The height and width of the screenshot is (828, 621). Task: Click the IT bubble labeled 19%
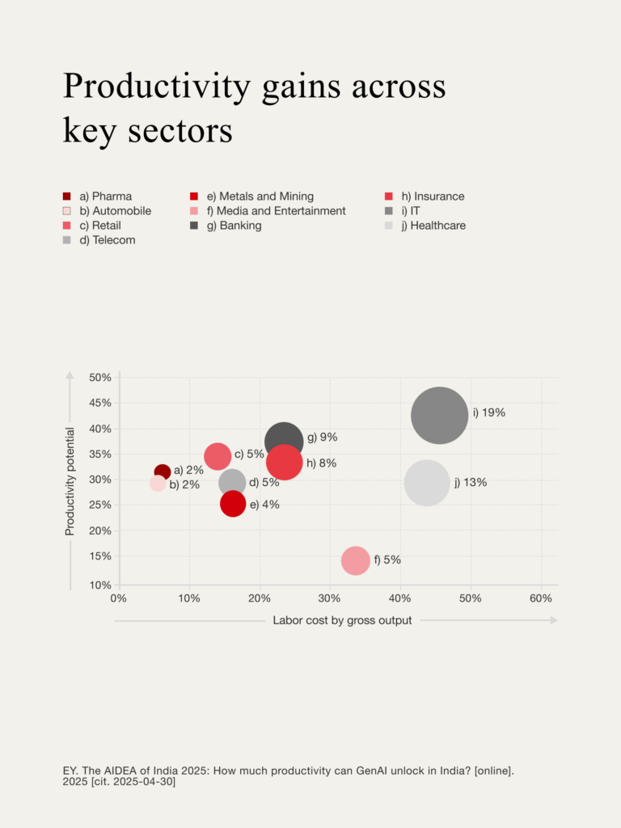[x=439, y=416]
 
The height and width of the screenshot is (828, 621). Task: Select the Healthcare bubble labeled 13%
[x=427, y=482]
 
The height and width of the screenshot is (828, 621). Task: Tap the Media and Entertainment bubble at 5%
[x=356, y=560]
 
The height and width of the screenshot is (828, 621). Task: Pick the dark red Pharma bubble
[x=163, y=472]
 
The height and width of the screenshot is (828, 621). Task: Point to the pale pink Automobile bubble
[x=158, y=484]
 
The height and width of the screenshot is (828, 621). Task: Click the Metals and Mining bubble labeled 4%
[x=233, y=504]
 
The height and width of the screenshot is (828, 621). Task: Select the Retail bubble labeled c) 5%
[x=217, y=457]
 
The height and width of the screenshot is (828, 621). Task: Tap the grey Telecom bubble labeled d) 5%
[x=232, y=483]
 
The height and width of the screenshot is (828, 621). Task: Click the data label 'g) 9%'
[x=322, y=437]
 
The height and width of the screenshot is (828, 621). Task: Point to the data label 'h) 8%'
[x=321, y=463]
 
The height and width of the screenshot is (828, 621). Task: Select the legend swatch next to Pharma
[x=67, y=196]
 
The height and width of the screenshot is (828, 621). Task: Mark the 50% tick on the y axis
[x=100, y=378]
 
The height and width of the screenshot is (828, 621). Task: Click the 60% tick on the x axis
[x=540, y=598]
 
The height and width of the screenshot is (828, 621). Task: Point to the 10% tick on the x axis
[x=189, y=598]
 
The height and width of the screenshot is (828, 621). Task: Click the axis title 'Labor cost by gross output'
[x=342, y=620]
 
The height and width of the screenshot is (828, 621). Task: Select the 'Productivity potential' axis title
[x=70, y=481]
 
